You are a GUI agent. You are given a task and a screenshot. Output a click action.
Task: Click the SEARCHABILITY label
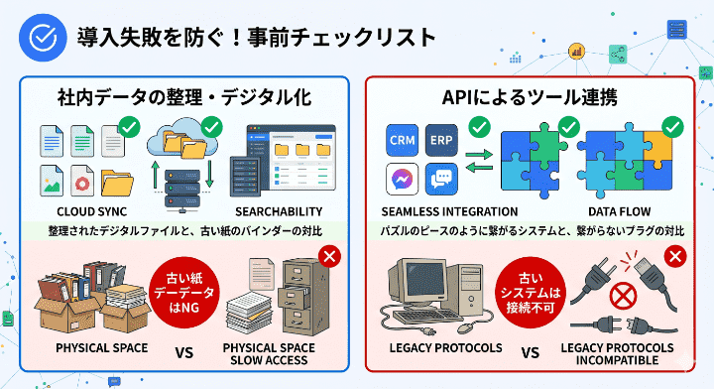280,212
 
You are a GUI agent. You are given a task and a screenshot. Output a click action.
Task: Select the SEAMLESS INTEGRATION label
449,212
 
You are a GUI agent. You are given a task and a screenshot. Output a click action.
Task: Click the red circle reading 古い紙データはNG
181,289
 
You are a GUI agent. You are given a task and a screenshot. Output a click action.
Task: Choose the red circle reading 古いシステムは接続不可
535,289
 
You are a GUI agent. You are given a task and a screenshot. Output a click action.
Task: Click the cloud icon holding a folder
184,142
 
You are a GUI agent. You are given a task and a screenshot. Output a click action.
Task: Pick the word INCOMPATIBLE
617,360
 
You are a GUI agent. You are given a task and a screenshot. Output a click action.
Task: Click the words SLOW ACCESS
269,360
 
